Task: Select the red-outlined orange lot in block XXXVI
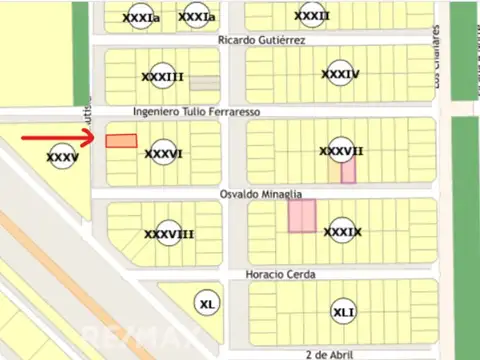(121, 142)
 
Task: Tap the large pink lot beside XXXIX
(302, 216)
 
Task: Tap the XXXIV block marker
(341, 75)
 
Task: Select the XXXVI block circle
(163, 154)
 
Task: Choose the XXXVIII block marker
(168, 235)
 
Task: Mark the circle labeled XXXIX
(343, 232)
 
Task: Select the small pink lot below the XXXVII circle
(348, 172)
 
